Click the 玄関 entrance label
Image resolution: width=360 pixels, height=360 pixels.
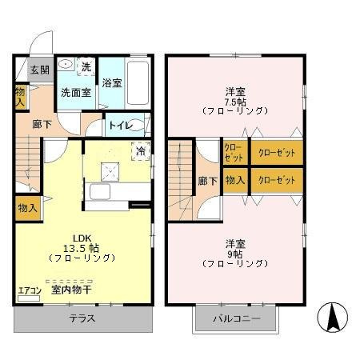[x=40, y=70]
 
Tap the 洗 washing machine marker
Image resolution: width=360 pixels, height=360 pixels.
[x=86, y=66]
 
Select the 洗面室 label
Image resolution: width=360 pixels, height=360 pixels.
[x=77, y=92]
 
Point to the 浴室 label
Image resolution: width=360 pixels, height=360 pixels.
[x=112, y=82]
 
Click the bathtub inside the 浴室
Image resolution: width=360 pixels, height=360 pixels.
[x=138, y=80]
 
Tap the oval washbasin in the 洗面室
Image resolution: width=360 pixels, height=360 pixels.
[x=67, y=66]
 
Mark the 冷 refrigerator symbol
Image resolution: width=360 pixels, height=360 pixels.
[x=141, y=150]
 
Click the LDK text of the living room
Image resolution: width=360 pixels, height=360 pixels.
[x=83, y=238]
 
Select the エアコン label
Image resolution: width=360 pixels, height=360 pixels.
[x=28, y=291]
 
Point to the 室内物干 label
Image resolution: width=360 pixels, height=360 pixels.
[x=70, y=291]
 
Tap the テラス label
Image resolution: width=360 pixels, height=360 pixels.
[x=82, y=318]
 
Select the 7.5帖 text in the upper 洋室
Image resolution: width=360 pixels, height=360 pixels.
[x=234, y=100]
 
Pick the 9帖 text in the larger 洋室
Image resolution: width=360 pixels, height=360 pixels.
[x=234, y=252]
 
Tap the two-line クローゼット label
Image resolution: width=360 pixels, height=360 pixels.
[x=234, y=152]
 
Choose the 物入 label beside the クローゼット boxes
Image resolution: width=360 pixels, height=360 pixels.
[x=234, y=181]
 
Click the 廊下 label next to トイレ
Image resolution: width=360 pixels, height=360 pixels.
[x=42, y=126]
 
